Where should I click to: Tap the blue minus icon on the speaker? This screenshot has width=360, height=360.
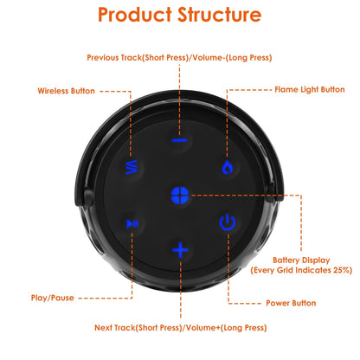pos(179,139)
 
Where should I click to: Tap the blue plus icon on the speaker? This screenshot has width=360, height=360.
pos(180,250)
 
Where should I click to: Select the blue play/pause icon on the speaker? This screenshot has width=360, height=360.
pos(132,223)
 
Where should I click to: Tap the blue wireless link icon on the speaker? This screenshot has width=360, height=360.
pos(132,166)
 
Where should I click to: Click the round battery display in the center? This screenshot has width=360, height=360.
pos(180,194)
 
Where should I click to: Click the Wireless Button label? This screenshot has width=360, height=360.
pos(66,90)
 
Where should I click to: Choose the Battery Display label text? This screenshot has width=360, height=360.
pos(299,260)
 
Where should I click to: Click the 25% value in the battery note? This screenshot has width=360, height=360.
pos(341,270)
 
